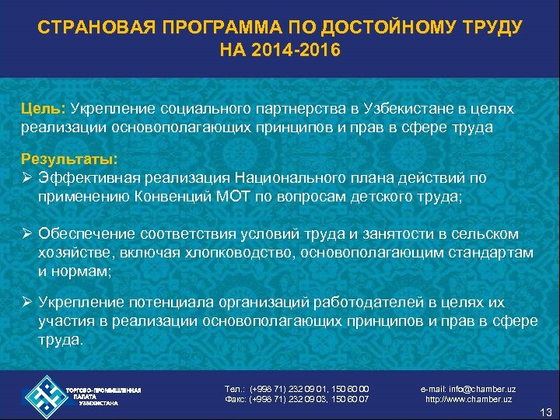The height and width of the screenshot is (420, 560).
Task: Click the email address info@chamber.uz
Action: (468, 389)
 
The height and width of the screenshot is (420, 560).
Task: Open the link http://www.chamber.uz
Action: (468, 399)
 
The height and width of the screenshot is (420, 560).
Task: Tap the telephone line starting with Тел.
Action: (296, 389)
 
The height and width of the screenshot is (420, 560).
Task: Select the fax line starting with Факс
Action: (296, 399)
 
